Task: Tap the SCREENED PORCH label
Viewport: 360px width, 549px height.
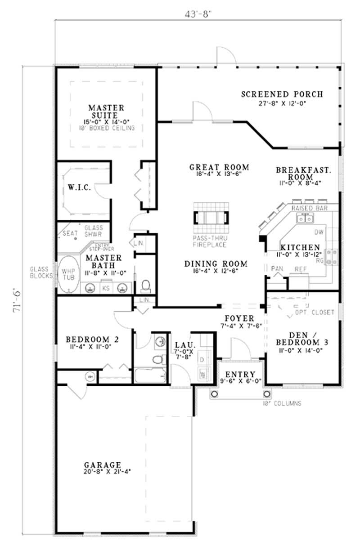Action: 282,94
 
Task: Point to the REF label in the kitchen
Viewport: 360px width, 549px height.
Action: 300,269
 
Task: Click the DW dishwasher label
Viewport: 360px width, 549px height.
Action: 318,232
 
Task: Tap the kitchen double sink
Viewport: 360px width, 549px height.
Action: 305,219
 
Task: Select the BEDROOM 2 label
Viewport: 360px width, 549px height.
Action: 92,340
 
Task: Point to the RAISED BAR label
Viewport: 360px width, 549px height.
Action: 309,209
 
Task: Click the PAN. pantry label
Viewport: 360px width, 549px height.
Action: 276,268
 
